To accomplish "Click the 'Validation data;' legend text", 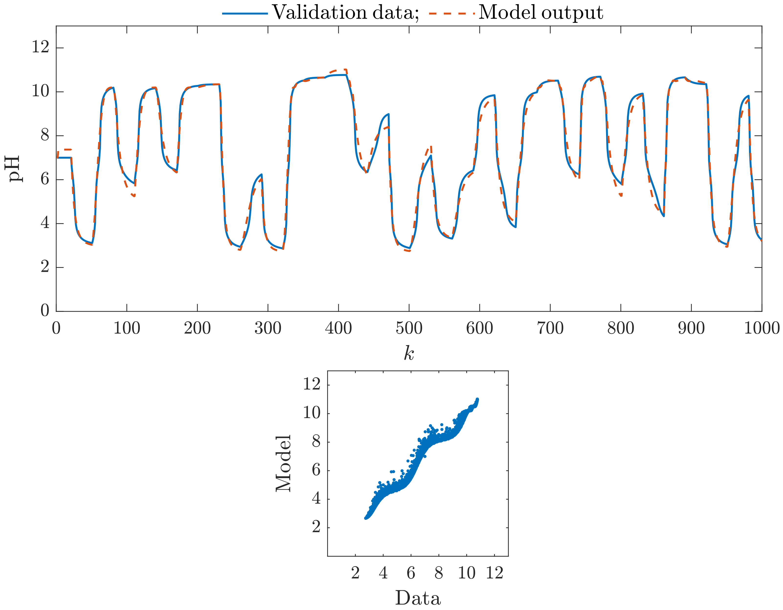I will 345,13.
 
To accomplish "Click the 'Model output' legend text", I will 541,13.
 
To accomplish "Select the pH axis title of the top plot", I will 14,169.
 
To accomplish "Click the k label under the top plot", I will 409,353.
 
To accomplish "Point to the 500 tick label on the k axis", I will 409,328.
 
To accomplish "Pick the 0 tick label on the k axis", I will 56,328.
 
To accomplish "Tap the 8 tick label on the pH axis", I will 44,136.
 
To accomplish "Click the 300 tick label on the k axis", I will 268,328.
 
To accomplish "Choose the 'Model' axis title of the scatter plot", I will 283,463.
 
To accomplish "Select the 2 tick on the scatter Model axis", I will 316,527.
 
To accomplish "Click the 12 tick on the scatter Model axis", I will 312,384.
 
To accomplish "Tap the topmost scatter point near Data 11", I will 477,399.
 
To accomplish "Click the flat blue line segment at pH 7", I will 64,157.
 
